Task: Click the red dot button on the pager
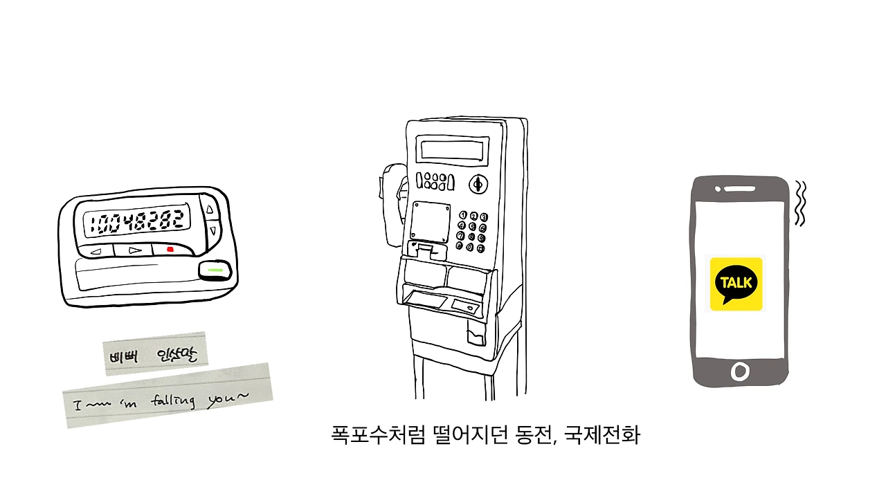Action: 170,249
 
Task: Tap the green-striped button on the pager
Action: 215,270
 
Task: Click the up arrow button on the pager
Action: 211,207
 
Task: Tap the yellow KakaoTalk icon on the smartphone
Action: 736,284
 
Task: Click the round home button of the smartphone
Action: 740,371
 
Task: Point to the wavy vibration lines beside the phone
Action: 800,204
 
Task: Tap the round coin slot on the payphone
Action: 477,184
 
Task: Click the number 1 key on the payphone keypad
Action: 463,216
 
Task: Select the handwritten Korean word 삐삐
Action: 125,357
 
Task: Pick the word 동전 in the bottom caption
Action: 533,436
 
